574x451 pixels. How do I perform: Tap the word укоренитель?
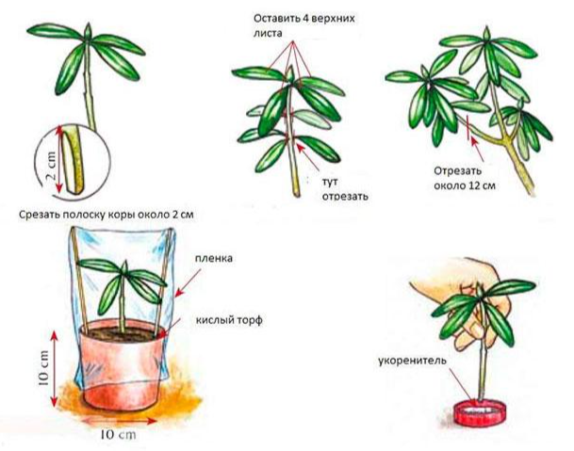click(413, 361)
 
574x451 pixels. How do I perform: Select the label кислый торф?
click(229, 320)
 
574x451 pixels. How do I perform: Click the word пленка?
click(213, 258)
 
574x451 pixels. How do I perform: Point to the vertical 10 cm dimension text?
click(43, 368)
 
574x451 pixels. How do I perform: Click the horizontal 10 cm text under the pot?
click(118, 435)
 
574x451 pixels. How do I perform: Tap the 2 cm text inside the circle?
click(51, 165)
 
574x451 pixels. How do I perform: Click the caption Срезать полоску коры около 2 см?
click(107, 215)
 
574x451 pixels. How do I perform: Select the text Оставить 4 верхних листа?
click(304, 25)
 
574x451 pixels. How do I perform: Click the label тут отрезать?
click(345, 188)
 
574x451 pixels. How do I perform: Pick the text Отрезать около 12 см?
click(465, 178)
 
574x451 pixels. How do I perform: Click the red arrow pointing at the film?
click(189, 283)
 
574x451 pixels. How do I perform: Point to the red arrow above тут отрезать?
click(308, 156)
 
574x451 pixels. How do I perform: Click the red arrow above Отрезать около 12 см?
click(477, 149)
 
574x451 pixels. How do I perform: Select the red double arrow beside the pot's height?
click(54, 368)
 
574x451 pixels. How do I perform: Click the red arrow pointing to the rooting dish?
click(462, 385)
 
